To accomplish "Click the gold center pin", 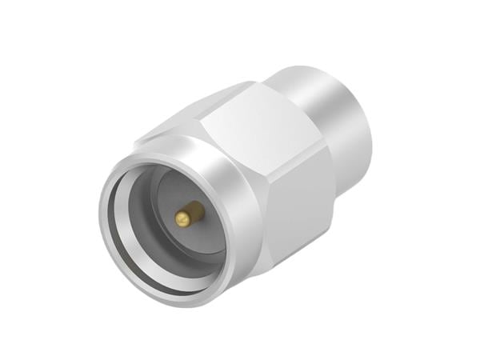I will click(x=189, y=214).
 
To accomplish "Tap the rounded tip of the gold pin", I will click(x=182, y=218).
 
